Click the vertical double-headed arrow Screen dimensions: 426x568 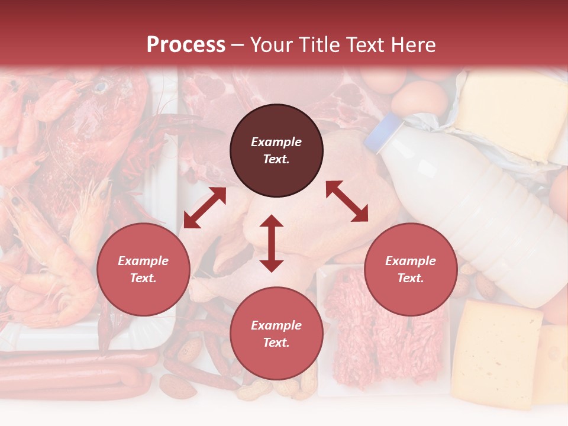click(x=272, y=244)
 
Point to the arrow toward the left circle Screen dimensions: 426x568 click(x=205, y=208)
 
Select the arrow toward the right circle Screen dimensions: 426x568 click(x=347, y=201)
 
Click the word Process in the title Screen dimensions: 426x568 click(x=186, y=44)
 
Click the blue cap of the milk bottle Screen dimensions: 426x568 click(x=382, y=134)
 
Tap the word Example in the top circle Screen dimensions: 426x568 click(x=276, y=142)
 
